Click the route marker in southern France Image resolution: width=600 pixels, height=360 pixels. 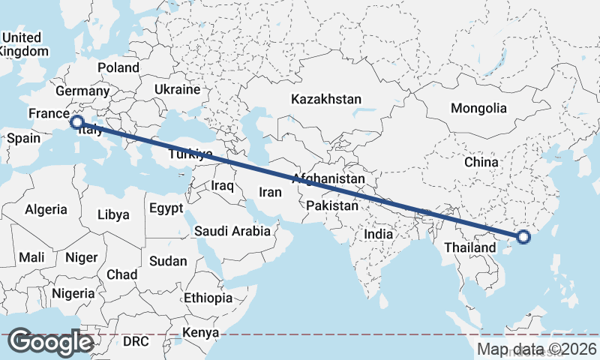[76, 121]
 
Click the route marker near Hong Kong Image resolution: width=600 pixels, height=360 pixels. [523, 238]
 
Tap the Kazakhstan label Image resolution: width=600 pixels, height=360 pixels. [326, 99]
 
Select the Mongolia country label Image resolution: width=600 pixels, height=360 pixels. [478, 108]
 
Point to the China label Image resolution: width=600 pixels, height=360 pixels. [481, 162]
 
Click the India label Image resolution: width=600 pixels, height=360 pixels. [379, 234]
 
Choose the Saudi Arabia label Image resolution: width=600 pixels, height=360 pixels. [232, 231]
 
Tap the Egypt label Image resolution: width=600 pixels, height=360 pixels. [166, 208]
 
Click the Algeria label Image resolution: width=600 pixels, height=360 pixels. [46, 210]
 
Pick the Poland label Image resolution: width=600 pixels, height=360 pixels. [118, 67]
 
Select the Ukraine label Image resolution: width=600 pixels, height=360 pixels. [177, 89]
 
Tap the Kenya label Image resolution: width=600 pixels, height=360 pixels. [201, 332]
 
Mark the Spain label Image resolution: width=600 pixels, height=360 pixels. [23, 139]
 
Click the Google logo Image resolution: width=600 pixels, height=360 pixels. [51, 342]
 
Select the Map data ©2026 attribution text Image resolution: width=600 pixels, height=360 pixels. [537, 349]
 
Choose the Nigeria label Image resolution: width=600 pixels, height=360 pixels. [73, 292]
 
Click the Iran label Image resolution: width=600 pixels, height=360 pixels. [270, 192]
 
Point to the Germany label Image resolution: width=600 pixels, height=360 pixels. [82, 91]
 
